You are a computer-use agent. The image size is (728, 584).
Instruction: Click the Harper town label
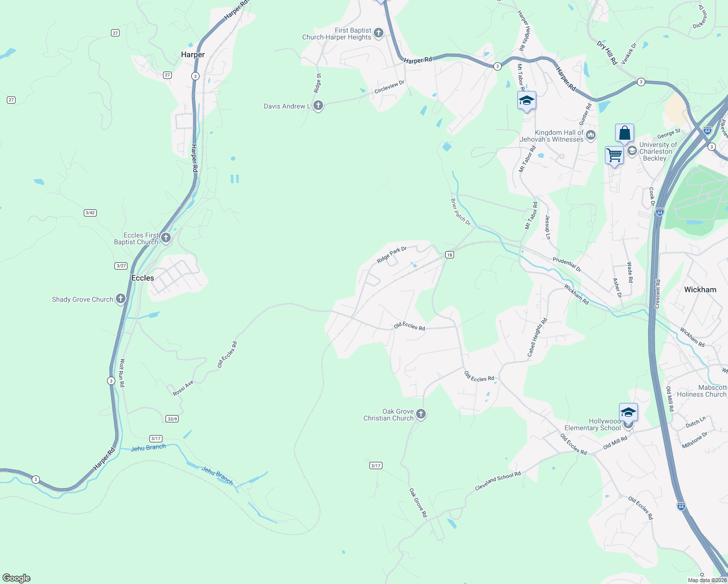(x=193, y=55)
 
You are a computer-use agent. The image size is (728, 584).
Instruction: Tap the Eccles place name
(x=143, y=278)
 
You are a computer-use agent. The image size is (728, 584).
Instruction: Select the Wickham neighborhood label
(x=700, y=290)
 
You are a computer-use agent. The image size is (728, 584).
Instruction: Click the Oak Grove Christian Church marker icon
(x=421, y=414)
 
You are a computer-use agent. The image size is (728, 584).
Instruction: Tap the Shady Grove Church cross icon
(x=121, y=299)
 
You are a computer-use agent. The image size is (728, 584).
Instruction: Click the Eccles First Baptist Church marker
(x=166, y=238)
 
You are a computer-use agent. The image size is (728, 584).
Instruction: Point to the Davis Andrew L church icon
(x=318, y=106)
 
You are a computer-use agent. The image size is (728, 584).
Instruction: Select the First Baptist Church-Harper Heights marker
(x=379, y=34)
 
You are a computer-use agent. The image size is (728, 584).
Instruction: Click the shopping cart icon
(x=614, y=156)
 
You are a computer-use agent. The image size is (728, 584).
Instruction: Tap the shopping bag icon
(x=624, y=133)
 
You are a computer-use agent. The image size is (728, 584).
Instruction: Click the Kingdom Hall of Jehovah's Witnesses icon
(x=591, y=135)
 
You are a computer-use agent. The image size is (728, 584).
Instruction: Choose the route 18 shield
(x=449, y=255)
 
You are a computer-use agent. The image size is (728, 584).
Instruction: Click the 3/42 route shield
(x=90, y=213)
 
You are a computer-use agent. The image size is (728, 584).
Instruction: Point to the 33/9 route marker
(x=172, y=419)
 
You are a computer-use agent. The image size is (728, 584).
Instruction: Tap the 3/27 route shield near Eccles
(x=121, y=266)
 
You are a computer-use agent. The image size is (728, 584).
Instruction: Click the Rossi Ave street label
(x=183, y=388)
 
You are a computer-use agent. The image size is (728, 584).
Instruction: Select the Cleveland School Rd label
(x=498, y=481)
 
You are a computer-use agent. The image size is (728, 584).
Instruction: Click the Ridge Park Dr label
(x=391, y=255)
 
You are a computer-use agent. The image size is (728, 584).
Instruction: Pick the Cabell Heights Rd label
(x=537, y=338)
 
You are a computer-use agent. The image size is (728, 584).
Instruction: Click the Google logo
(x=17, y=578)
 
